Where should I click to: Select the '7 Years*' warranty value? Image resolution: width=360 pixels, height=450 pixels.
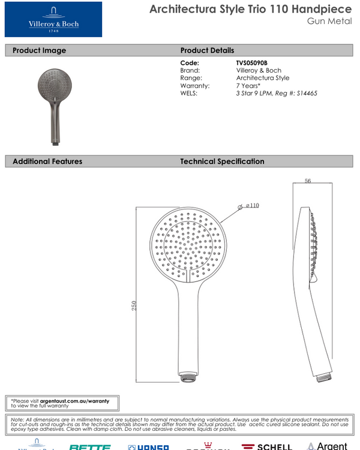(x=248, y=86)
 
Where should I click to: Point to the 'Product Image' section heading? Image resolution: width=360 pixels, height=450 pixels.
(x=39, y=50)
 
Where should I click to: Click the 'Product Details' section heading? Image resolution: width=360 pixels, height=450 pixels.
(x=207, y=50)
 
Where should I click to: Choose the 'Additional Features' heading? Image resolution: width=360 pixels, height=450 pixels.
(x=47, y=161)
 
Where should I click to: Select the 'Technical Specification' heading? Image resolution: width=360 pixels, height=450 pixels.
(x=222, y=161)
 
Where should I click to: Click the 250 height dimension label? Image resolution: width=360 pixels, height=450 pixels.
(x=134, y=305)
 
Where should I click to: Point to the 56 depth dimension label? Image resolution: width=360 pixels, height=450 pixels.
(x=308, y=181)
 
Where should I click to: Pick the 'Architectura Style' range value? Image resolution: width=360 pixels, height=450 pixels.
(x=263, y=78)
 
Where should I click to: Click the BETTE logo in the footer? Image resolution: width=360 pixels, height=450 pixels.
(x=90, y=447)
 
